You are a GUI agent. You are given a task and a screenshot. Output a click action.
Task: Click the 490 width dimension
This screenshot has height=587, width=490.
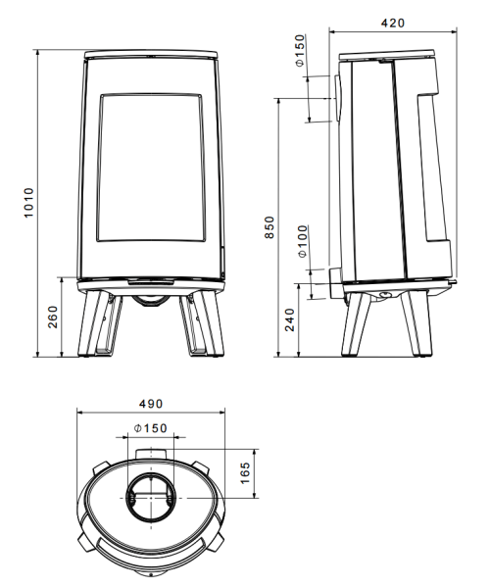[x=149, y=404]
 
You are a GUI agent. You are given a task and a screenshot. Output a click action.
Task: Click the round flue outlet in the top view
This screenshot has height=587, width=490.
[x=149, y=497]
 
